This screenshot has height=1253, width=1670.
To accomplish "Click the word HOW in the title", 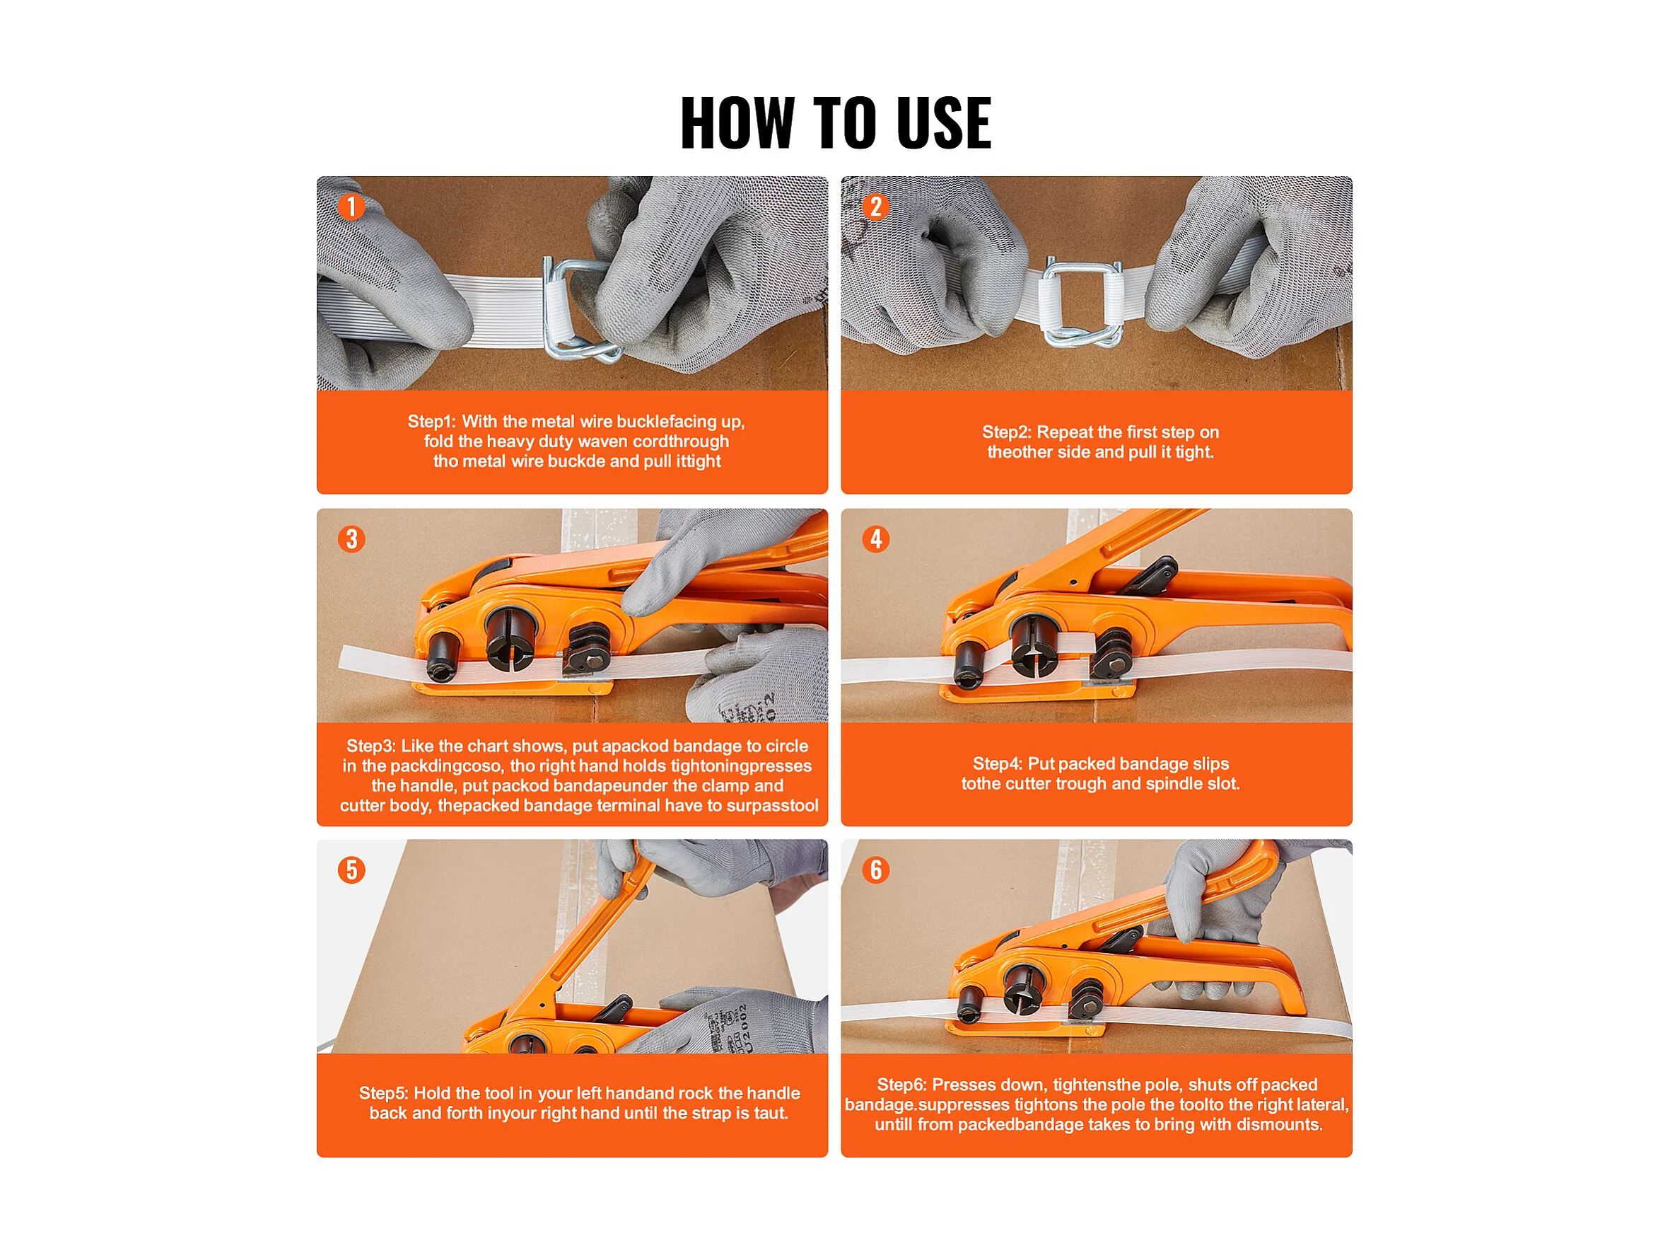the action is click(x=737, y=122).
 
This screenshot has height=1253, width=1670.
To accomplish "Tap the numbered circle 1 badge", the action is click(x=351, y=206).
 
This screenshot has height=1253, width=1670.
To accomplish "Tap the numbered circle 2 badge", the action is click(x=876, y=206).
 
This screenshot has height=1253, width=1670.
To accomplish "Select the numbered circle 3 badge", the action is click(x=351, y=538).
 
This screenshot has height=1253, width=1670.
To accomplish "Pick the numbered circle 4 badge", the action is click(x=876, y=538).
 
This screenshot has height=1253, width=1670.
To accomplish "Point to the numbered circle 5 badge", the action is click(x=351, y=870).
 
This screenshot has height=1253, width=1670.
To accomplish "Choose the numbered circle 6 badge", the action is click(x=876, y=870).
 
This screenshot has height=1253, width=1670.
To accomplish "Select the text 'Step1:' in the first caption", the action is click(x=432, y=422).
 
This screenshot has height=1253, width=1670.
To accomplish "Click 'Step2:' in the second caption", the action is click(x=1006, y=432).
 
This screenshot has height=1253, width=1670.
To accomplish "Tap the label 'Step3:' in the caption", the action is click(x=370, y=746).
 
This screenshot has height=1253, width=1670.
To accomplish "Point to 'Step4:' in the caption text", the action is click(x=998, y=763).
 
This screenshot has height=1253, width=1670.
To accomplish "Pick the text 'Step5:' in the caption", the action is click(x=383, y=1093).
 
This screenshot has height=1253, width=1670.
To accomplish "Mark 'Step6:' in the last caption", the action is click(x=901, y=1085).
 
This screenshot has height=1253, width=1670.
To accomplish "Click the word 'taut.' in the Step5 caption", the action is click(x=771, y=1114).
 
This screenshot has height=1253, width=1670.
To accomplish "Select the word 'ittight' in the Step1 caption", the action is click(x=699, y=461).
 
